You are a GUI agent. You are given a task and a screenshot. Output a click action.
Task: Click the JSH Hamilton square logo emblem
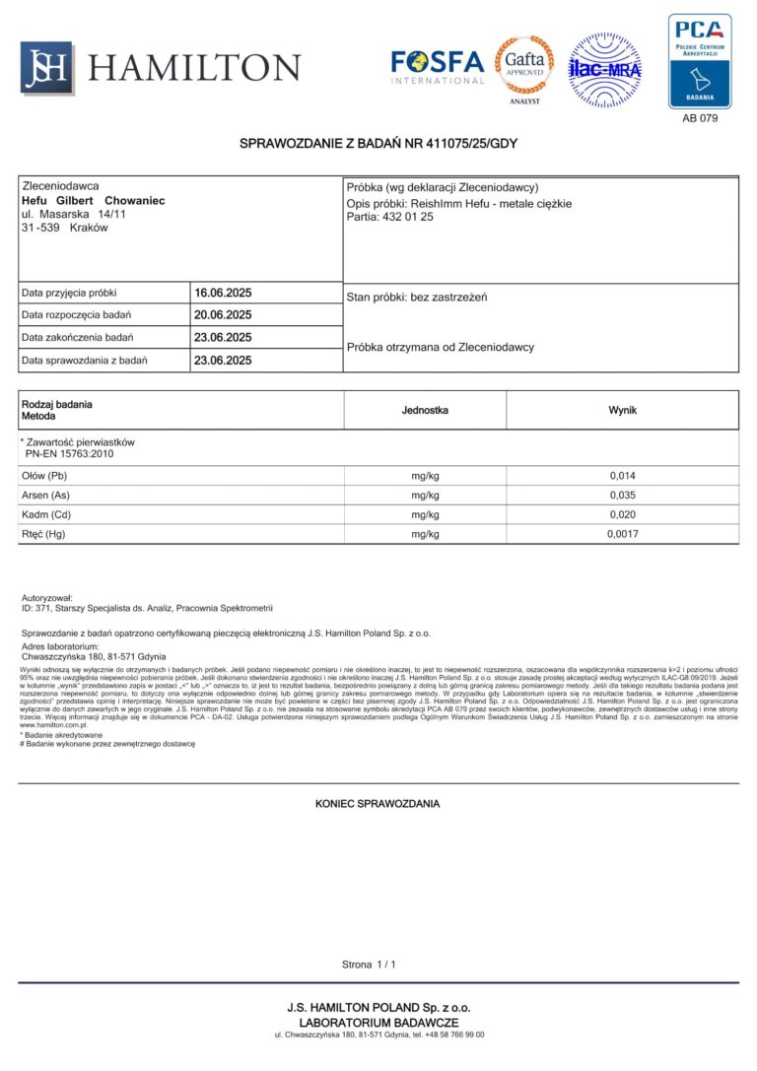point(46,67)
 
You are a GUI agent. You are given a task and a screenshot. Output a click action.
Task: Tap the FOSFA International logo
point(438,67)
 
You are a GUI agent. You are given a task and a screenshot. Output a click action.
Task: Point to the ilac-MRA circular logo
point(604,70)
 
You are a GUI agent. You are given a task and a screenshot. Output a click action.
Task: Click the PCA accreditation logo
point(700,61)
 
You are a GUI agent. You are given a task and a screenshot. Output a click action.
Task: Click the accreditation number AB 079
point(700,118)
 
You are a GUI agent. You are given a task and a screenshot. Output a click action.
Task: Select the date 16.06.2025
point(224,293)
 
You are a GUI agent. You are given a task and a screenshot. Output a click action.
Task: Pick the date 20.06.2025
point(224,315)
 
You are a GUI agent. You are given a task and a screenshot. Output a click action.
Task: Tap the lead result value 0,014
point(622,476)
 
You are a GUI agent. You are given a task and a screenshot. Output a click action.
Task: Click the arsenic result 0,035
point(622,496)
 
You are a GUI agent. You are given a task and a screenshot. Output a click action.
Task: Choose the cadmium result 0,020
point(622,515)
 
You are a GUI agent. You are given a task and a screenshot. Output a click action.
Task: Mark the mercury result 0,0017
point(622,534)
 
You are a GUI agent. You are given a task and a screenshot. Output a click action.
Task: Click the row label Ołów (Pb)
point(44,476)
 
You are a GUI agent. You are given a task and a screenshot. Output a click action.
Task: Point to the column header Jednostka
point(425,409)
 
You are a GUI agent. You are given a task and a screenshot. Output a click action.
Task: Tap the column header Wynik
point(622,409)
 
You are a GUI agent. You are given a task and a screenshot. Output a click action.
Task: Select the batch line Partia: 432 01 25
point(390,217)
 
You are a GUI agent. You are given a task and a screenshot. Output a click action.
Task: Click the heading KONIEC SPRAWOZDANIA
point(378,804)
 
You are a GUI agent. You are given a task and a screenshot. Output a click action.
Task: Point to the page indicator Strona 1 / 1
point(368,965)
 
